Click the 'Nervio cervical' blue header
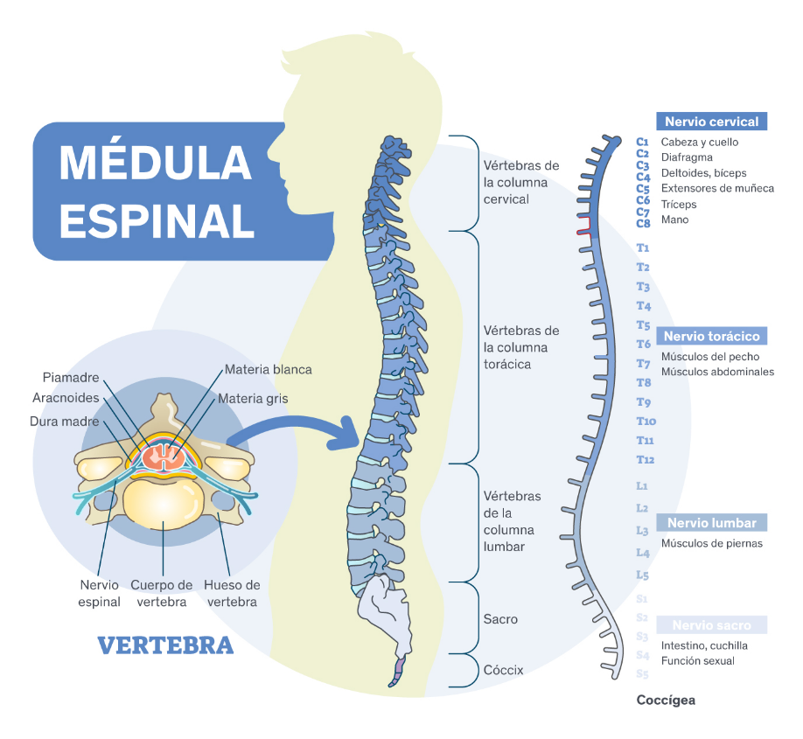pos(711,122)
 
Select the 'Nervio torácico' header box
pos(711,336)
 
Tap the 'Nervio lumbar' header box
pos(711,523)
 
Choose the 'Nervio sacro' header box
pos(711,625)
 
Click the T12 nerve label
pos(646,460)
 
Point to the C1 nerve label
pos(642,142)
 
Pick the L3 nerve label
pos(642,531)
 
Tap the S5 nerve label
pos(642,674)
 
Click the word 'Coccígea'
pos(666,701)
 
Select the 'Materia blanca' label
pos(268,369)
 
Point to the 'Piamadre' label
pos(71,377)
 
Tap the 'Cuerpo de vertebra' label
pos(162,593)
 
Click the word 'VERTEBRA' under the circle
pos(165,645)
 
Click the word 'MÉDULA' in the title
pos(155,163)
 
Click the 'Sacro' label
pos(500,619)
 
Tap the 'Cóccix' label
pos(503,670)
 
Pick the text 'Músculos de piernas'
pos(711,543)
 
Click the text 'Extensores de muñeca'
pos(717,188)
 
